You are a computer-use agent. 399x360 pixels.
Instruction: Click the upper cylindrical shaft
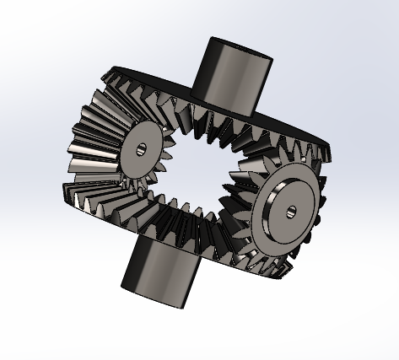click(x=229, y=74)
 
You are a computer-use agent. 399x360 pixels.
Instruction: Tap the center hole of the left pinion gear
click(x=140, y=149)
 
